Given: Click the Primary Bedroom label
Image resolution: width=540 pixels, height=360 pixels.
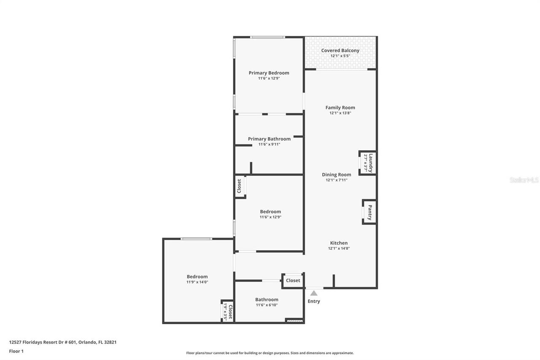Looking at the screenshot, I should pos(269,73).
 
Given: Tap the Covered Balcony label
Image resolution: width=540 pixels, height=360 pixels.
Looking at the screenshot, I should pos(340,51).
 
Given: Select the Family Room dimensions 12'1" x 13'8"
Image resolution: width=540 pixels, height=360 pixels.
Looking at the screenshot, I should pos(340,113).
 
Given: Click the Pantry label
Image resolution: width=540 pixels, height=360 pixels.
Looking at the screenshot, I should pos(370,212).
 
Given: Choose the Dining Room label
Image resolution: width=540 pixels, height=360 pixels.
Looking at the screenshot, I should pos(336,175).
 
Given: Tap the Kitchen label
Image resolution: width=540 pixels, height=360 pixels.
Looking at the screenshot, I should pos(339,243).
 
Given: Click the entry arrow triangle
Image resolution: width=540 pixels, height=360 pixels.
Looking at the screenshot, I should pos(314,293).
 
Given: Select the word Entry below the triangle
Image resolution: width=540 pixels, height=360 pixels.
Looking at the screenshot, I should pos(314,301).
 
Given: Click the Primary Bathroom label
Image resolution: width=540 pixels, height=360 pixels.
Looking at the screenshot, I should pos(269,139).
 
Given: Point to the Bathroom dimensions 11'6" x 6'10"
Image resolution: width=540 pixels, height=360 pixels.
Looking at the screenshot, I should pos(267,305).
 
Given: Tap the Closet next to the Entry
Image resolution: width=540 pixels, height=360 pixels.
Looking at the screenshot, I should pos(293,281).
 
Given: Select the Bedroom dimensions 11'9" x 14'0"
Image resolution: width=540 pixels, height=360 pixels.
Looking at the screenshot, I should pos(197,282).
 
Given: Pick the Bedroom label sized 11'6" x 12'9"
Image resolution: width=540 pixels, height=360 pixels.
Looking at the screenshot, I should pos(270,212).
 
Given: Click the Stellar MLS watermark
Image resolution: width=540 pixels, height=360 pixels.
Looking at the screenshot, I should pos(524,180).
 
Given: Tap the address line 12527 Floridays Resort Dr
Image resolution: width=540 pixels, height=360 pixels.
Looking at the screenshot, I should pos(62,342).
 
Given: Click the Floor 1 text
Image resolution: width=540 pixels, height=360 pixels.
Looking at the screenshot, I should pos(16,351).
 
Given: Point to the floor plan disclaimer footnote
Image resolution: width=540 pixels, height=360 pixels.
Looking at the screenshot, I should pos(270,353).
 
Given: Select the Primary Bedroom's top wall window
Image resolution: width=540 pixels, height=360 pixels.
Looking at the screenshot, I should pos(267,37).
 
